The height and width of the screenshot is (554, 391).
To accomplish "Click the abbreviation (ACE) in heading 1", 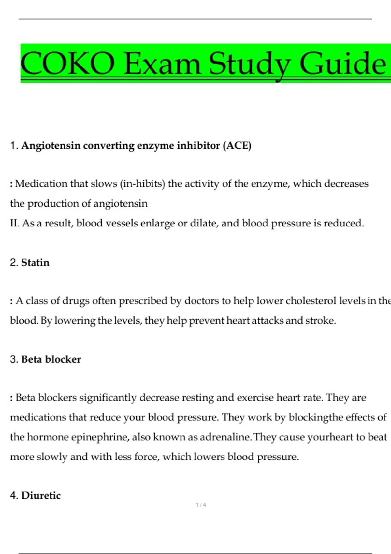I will point(237,145).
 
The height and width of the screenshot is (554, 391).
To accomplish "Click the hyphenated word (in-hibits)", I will point(143,184).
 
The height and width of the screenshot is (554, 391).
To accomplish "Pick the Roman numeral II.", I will point(14,223).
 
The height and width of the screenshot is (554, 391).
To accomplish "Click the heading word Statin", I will point(35,263).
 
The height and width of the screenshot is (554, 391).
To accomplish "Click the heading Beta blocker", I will point(51,359).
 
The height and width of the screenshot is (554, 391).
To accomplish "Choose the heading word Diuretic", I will point(41,496).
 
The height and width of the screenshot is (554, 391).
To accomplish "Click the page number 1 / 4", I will point(201,505).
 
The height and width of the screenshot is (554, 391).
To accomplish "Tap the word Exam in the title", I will point(162,64).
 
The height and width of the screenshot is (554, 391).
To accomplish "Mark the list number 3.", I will point(14,359).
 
